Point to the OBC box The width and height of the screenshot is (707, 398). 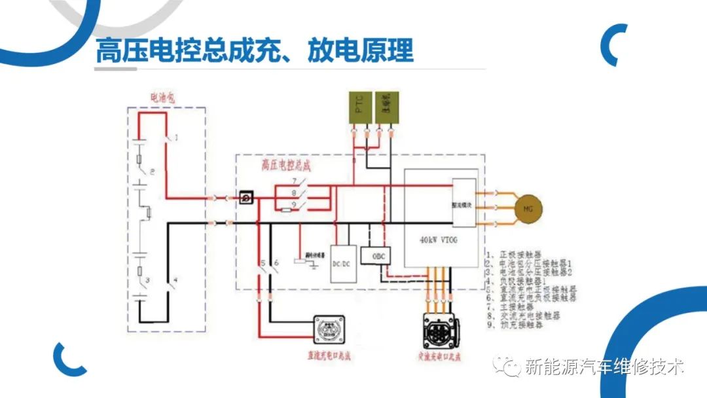[375, 255]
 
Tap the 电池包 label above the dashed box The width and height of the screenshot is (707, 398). [164, 99]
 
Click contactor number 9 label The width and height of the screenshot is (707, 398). [295, 205]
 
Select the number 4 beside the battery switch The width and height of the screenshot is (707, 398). [175, 280]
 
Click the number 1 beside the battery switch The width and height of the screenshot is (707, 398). [176, 137]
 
